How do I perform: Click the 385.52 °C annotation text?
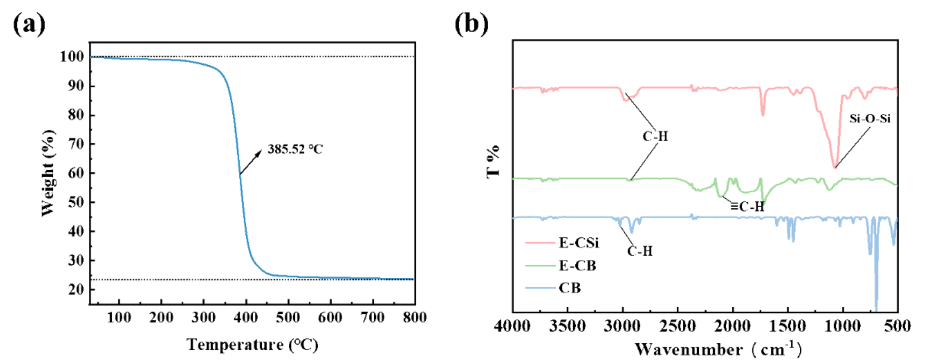click(295, 149)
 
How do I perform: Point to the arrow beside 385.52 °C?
click(250, 162)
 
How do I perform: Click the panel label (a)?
click(29, 24)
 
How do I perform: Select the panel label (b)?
click(471, 24)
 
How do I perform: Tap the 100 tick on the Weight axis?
click(72, 57)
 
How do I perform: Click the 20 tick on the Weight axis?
click(76, 289)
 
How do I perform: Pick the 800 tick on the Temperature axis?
click(414, 317)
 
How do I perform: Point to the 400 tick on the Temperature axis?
click(245, 317)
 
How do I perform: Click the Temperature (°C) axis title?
click(253, 345)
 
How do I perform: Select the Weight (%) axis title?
click(48, 173)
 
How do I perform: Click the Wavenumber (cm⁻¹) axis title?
click(718, 349)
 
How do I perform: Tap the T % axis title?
click(493, 162)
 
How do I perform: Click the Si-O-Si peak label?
click(870, 118)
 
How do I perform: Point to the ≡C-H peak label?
click(747, 207)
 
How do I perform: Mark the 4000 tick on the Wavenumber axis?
click(512, 326)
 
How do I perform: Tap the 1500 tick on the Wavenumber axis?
click(788, 326)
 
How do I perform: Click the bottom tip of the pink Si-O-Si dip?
click(835, 167)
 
